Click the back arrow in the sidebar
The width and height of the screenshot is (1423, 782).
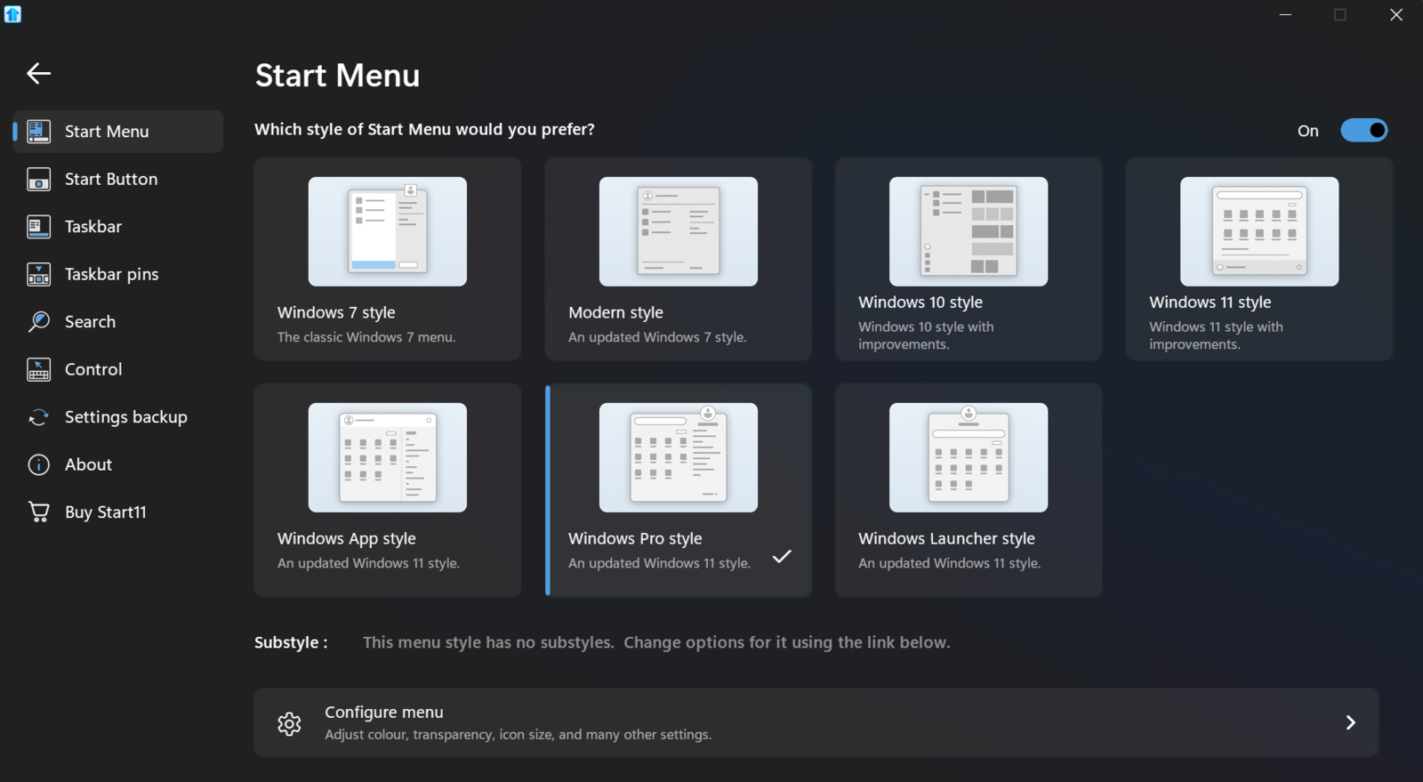click(x=38, y=73)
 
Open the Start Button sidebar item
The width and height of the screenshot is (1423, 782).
click(x=110, y=179)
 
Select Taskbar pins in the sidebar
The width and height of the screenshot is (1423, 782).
click(x=111, y=274)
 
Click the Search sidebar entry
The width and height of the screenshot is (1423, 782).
click(x=90, y=322)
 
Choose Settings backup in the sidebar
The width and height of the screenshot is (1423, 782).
click(x=125, y=417)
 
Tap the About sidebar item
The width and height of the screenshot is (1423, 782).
click(x=88, y=464)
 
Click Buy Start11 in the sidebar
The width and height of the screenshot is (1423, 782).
click(x=105, y=512)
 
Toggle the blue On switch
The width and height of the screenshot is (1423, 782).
click(x=1363, y=131)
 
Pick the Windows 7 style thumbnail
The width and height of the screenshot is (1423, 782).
click(x=387, y=231)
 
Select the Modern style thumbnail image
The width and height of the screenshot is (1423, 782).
click(x=678, y=231)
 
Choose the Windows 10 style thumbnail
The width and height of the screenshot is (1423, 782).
click(x=968, y=231)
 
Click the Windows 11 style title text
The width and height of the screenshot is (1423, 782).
click(x=1210, y=302)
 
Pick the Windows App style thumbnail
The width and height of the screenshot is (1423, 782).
click(x=387, y=457)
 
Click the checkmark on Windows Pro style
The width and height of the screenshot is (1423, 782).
click(x=782, y=557)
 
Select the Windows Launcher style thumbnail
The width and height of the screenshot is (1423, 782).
click(x=968, y=457)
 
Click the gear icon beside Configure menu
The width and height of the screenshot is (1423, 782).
click(x=289, y=723)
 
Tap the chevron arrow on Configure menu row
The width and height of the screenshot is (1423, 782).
click(x=1350, y=722)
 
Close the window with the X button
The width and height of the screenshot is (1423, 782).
click(x=1395, y=15)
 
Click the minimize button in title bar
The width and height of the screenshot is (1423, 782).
click(x=1285, y=15)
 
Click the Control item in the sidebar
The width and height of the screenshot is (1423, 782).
click(x=93, y=369)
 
